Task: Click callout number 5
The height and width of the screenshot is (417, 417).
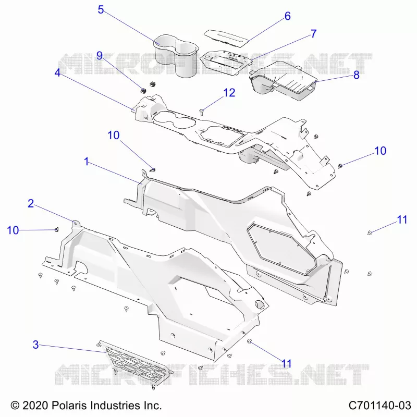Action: pos(101,9)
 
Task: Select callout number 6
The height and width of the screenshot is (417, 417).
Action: pos(288,16)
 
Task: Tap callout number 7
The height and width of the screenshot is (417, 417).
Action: pos(314,34)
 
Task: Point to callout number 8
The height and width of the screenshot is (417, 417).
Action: pos(357,75)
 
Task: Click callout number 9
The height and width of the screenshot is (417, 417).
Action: pos(100,56)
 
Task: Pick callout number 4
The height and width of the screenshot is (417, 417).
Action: pos(57,72)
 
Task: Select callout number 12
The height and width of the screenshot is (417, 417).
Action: pos(229,93)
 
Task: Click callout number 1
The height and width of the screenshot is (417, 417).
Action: pos(86,162)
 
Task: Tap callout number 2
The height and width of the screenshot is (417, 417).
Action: pos(31,204)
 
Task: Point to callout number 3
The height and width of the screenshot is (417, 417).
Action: pos(35,345)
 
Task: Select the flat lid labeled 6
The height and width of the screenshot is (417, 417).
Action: pos(226,39)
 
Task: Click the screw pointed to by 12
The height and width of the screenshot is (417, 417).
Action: pos(202,112)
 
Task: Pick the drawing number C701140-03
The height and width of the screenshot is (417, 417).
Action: pos(380,406)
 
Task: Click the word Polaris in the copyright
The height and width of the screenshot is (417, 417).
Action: pos(69,406)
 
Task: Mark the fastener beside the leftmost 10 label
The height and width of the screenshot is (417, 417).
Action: pos(56,229)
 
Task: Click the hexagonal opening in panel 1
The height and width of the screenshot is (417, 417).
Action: pos(282,249)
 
